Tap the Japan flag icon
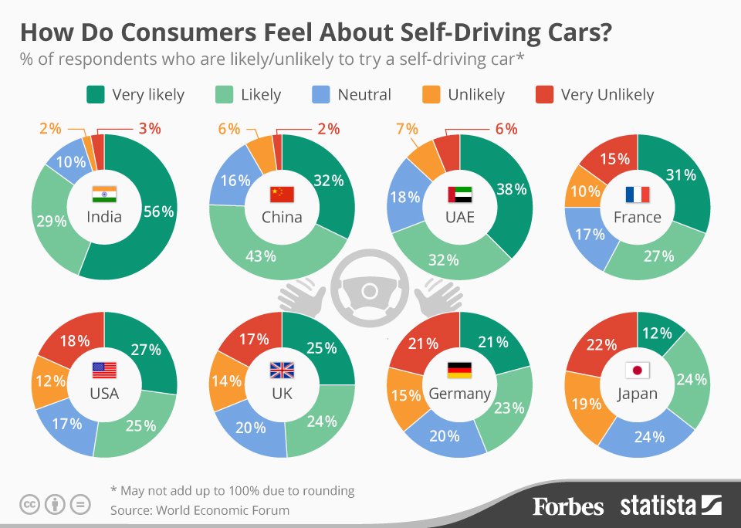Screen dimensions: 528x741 637,370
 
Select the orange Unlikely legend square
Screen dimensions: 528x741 431,95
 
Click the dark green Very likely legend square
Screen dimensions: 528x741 96,95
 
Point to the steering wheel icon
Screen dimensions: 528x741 370,290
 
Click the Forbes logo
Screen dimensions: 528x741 568,506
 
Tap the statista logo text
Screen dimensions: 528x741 658,506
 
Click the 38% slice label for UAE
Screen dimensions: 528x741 510,188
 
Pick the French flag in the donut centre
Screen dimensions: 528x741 637,194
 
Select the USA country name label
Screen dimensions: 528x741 104,394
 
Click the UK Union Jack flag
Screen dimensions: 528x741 282,371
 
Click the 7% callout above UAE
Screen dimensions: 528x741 407,129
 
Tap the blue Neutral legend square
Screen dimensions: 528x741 321,95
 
